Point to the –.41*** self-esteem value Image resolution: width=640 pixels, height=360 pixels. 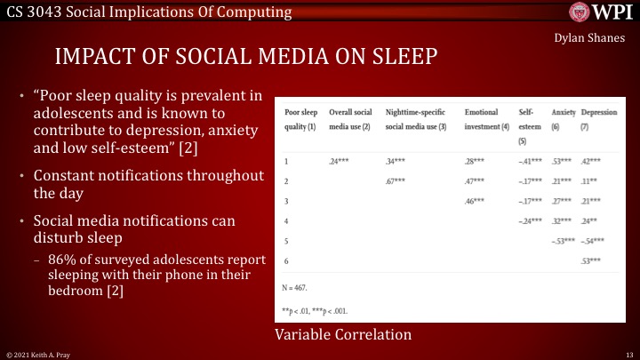pyautogui.click(x=532, y=161)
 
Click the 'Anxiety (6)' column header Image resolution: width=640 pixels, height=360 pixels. pyautogui.click(x=563, y=120)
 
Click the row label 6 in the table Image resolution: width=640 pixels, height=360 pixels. pyautogui.click(x=286, y=261)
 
